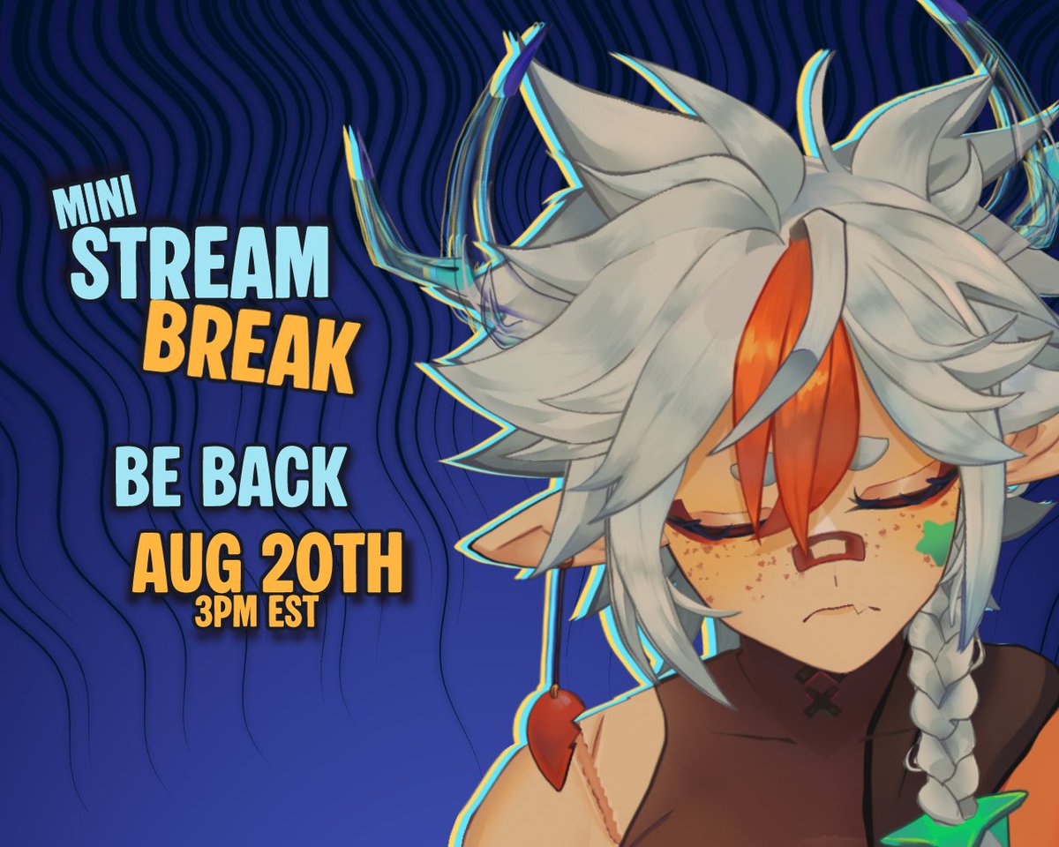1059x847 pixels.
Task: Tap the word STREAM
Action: [199, 262]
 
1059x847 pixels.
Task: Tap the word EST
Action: [288, 613]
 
